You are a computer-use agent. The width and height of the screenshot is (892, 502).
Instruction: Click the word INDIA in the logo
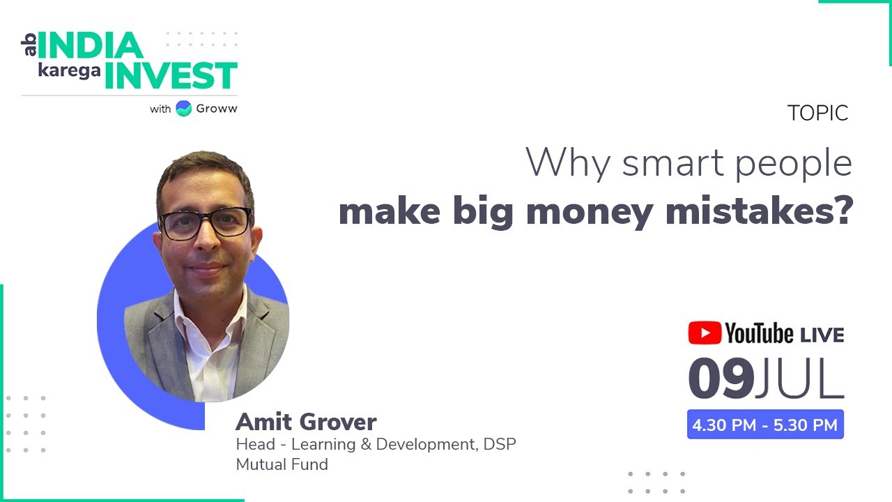[90, 45]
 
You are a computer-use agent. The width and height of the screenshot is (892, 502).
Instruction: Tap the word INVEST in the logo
[171, 75]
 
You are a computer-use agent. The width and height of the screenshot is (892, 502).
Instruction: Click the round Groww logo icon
[184, 109]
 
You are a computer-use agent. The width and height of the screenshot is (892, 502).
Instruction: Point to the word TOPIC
[817, 113]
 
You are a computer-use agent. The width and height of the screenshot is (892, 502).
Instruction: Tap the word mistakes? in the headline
[760, 212]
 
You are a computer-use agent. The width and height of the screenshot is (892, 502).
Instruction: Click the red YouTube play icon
[705, 333]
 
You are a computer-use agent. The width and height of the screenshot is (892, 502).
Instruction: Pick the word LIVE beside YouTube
[822, 335]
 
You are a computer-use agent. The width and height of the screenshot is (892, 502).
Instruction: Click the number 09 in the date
[721, 379]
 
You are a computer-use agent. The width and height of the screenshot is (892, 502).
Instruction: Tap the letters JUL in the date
[801, 379]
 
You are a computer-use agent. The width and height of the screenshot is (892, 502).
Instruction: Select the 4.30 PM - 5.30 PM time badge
[765, 425]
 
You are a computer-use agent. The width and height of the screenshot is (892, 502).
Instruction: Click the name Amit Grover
[306, 422]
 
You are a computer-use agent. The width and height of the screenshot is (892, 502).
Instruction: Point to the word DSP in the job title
[500, 444]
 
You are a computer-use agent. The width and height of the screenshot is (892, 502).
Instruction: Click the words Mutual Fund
[282, 464]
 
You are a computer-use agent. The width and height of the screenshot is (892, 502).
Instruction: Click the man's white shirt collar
[209, 314]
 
